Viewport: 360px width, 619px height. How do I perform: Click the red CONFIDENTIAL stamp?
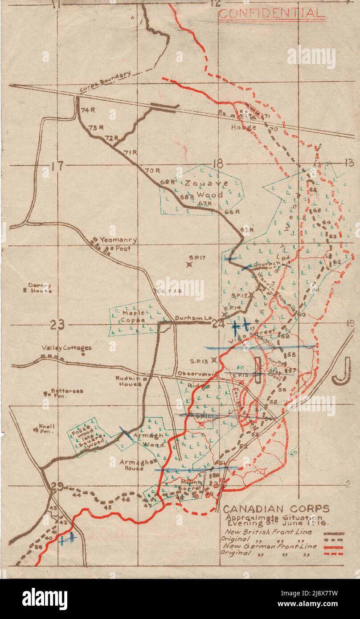click(271, 13)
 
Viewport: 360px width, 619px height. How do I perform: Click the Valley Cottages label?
click(67, 348)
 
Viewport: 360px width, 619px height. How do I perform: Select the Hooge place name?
click(243, 127)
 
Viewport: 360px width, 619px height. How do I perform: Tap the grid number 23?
click(57, 325)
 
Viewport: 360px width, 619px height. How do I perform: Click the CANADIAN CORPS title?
click(276, 509)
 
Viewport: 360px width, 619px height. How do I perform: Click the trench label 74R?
click(86, 110)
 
